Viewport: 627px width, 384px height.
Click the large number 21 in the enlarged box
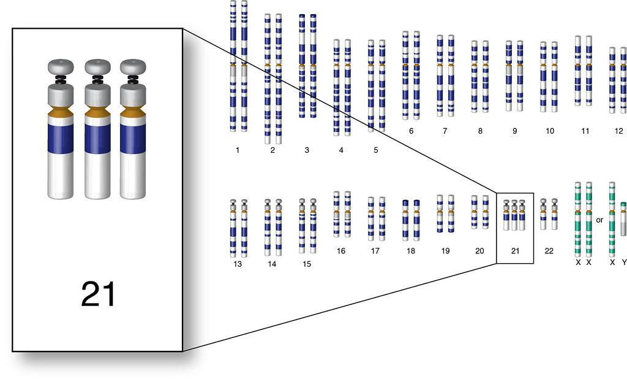click(99, 294)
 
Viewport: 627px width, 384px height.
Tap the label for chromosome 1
click(238, 150)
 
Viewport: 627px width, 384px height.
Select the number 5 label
click(376, 150)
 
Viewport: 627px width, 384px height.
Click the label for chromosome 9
click(514, 131)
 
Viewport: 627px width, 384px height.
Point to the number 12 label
click(619, 131)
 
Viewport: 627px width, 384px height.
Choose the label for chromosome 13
click(238, 264)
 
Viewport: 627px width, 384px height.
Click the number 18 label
click(411, 251)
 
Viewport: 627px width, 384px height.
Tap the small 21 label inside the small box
click(515, 251)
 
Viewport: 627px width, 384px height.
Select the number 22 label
click(549, 251)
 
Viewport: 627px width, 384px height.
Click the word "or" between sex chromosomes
click(599, 220)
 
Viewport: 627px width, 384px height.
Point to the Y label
click(624, 263)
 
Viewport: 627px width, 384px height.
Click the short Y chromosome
click(623, 219)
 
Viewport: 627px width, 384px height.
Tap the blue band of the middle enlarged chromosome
click(97, 139)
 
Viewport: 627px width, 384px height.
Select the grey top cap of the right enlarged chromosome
click(133, 66)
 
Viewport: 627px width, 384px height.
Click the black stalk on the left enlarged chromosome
click(61, 79)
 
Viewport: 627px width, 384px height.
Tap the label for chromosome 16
click(340, 251)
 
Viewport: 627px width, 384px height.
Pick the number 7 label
click(445, 131)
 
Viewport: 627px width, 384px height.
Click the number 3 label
click(307, 150)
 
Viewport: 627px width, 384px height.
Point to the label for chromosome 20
click(479, 251)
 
